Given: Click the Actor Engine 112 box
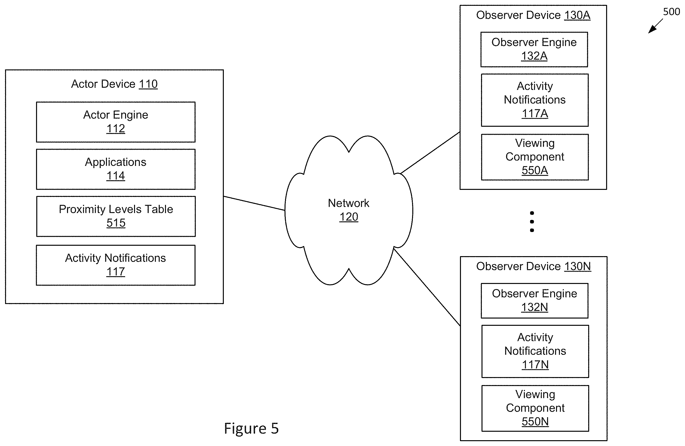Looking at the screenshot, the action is pyautogui.click(x=116, y=122).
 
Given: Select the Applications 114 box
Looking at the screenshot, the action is pyautogui.click(x=116, y=169).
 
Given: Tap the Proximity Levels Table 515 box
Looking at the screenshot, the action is pyautogui.click(x=116, y=216).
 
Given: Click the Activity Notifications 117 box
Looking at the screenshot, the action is pyautogui.click(x=116, y=265).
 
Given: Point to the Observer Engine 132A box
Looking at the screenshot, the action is pyautogui.click(x=534, y=50).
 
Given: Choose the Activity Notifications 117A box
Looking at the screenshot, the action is pyautogui.click(x=535, y=100).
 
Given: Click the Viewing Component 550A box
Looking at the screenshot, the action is pyautogui.click(x=535, y=157).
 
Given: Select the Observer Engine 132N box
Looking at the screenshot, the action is pyautogui.click(x=534, y=301).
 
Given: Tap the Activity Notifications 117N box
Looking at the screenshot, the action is pyautogui.click(x=535, y=351).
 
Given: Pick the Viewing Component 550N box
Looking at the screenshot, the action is pyautogui.click(x=535, y=408).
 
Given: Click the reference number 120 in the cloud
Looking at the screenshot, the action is pyautogui.click(x=348, y=217).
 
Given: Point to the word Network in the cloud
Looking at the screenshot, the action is pyautogui.click(x=348, y=203).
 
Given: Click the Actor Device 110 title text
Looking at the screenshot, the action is pyautogui.click(x=114, y=84).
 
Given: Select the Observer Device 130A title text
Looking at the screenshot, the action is pyautogui.click(x=533, y=15).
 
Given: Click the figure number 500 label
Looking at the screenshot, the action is pyautogui.click(x=671, y=12).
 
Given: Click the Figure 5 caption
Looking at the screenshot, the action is pyautogui.click(x=251, y=428).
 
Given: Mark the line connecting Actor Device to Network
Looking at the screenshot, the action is pyautogui.click(x=254, y=203).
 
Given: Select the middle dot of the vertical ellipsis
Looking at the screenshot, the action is pyautogui.click(x=532, y=222).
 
